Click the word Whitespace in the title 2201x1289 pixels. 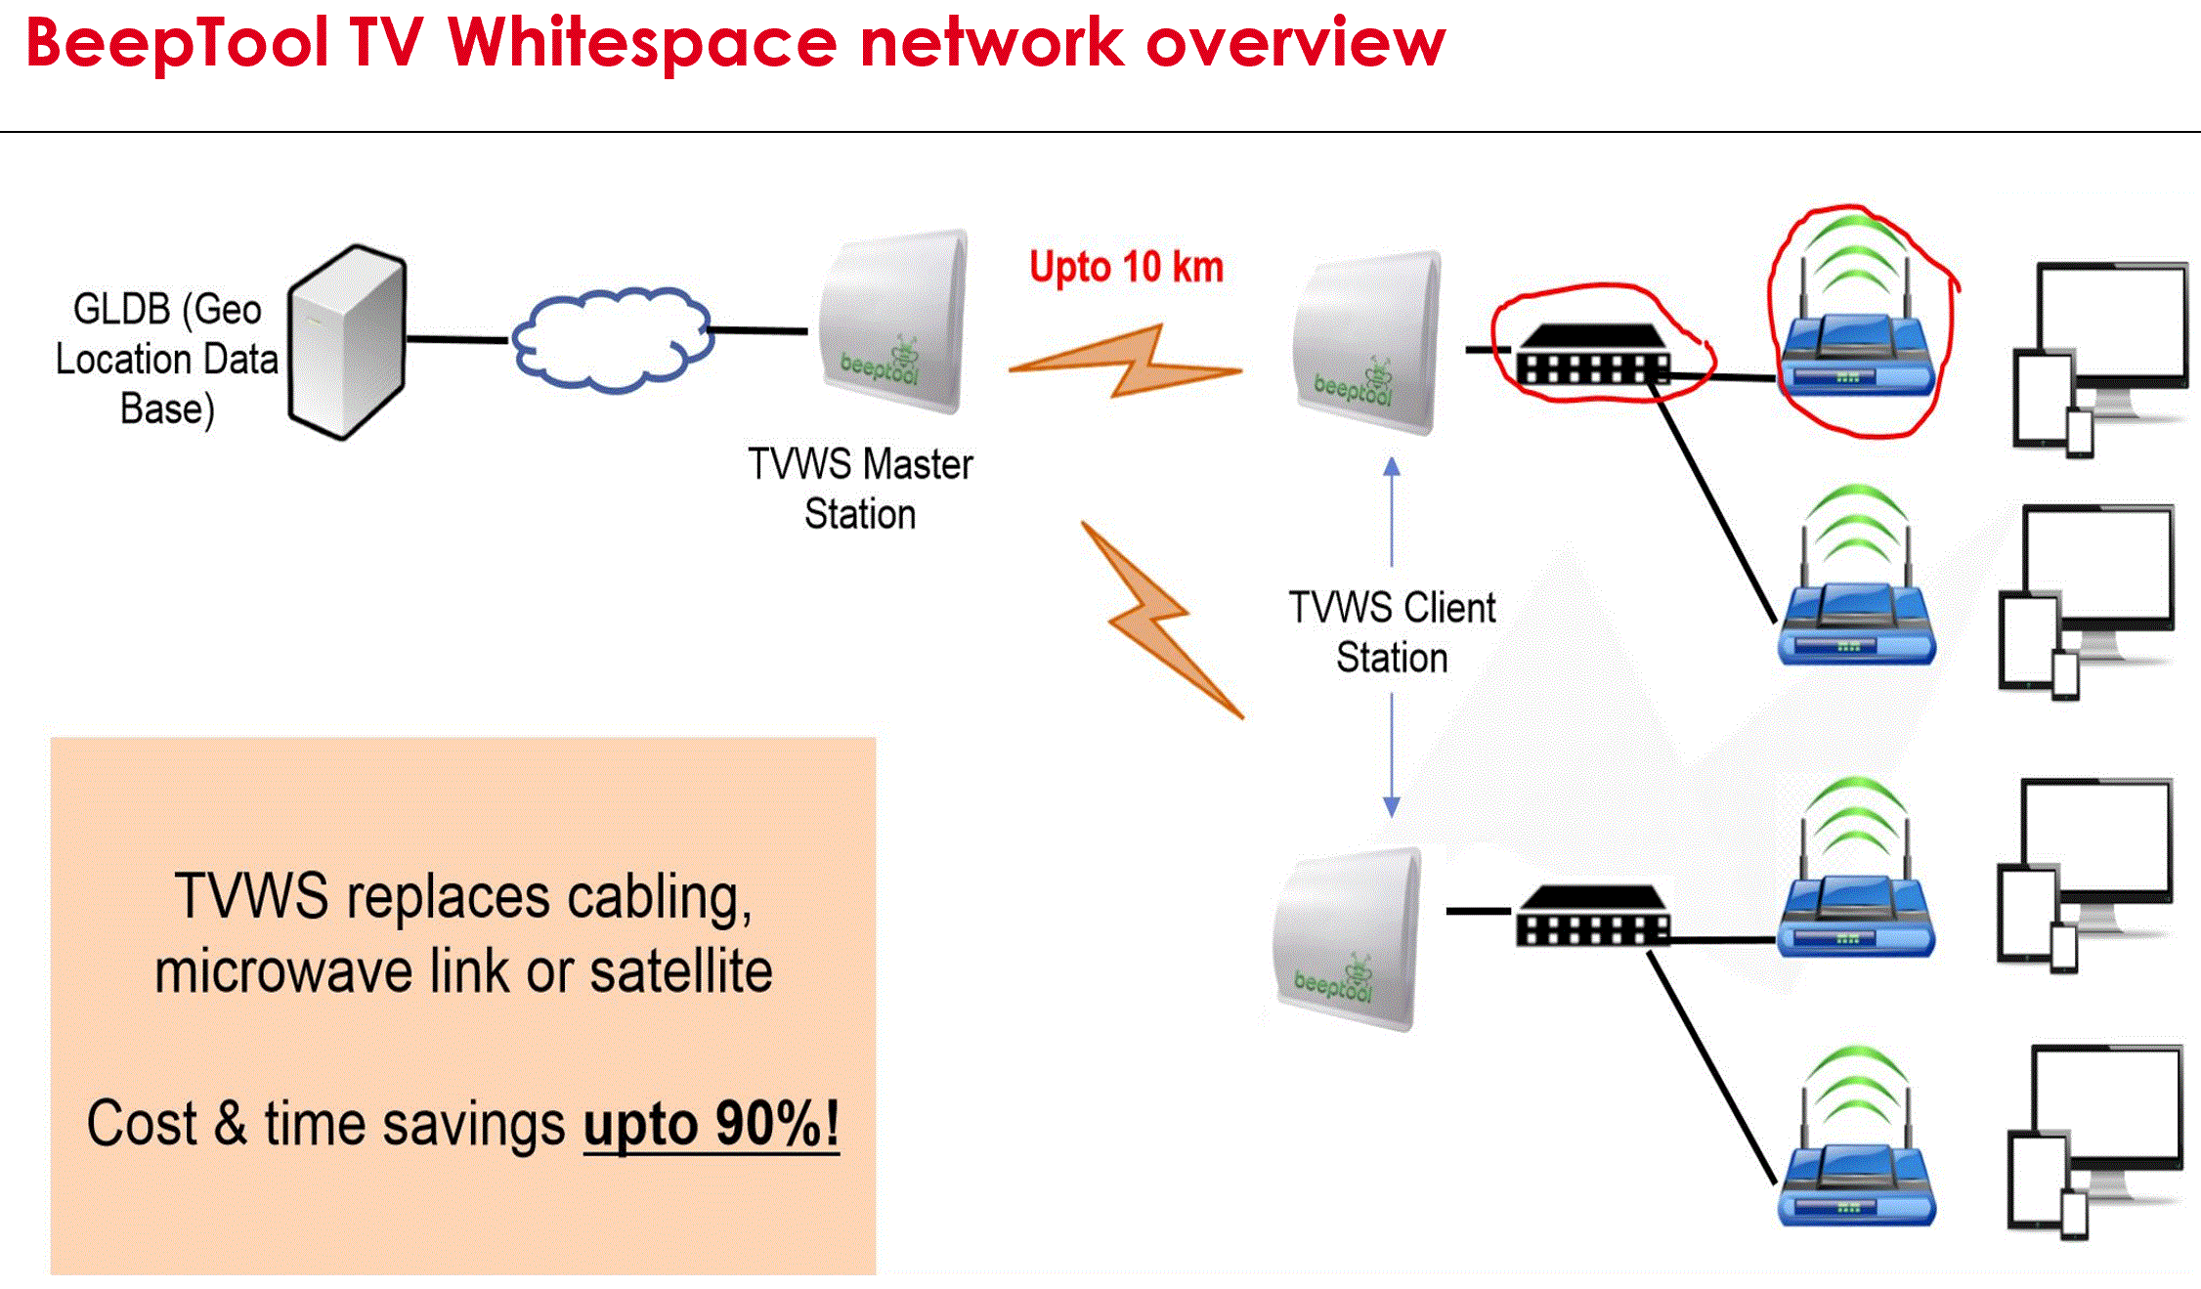coord(641,43)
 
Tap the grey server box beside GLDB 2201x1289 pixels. coord(348,342)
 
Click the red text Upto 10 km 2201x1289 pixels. coord(1126,267)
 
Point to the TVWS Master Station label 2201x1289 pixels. coord(860,489)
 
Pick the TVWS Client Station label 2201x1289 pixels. coord(1392,631)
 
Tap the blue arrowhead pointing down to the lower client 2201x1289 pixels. coord(1392,806)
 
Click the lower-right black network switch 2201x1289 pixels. coord(1593,917)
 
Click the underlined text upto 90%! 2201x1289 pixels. coord(711,1124)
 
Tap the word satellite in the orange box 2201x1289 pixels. coord(680,971)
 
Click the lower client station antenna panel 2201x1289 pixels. coord(1348,938)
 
